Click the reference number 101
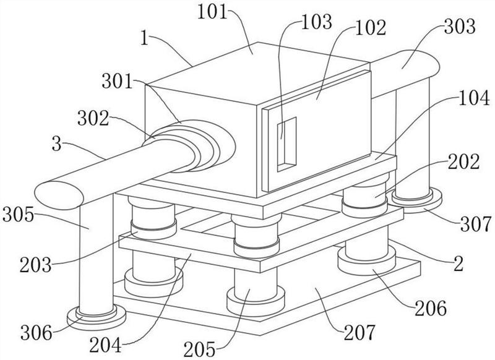[x=212, y=13]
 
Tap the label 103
[x=317, y=22]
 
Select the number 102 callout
[x=371, y=28]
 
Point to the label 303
[x=459, y=27]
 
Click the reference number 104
[x=474, y=98]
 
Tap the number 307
[x=476, y=225]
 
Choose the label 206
[x=431, y=308]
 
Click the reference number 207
[x=359, y=333]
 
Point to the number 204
[x=105, y=346]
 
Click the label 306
[x=37, y=333]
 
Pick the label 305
[x=18, y=215]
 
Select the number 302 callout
[x=93, y=119]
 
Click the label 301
[x=117, y=82]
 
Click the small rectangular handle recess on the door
[x=286, y=144]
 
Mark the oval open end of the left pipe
[x=59, y=195]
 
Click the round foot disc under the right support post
[x=416, y=200]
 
